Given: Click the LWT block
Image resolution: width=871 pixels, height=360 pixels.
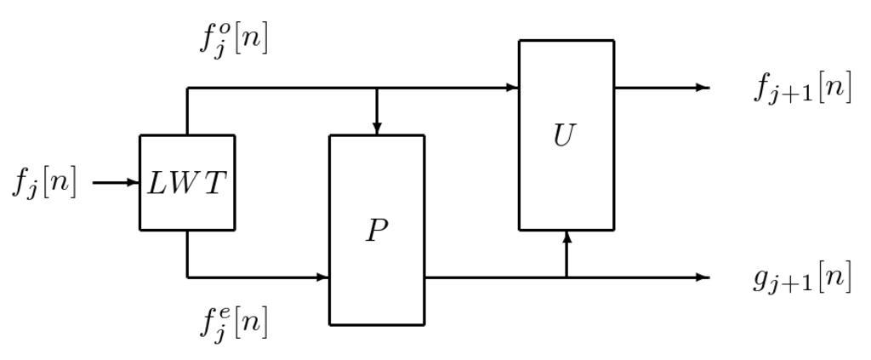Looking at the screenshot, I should point(187,182).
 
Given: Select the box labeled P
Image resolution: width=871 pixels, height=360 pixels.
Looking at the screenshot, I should point(377,255).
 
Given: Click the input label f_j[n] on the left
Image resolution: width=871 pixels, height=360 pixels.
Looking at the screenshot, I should point(44,183).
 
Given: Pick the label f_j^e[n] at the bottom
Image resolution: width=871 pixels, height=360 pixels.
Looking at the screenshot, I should point(233,323).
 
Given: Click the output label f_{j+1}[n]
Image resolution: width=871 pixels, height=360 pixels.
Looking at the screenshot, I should point(802,89).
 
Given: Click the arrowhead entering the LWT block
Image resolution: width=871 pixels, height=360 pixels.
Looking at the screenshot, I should point(134,182).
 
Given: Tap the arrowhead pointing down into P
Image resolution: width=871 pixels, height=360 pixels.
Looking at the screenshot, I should point(377,129).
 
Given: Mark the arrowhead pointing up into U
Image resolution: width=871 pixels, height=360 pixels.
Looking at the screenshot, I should point(566,236).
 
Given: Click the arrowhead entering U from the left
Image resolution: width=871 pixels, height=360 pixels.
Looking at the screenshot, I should point(513,87).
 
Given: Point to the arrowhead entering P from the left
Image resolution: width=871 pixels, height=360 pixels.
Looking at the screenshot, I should point(323,277).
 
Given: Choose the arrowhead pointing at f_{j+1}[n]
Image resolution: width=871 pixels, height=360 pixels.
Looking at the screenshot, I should point(703,87).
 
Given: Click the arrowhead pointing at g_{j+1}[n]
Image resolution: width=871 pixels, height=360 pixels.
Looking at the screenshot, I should point(703,277).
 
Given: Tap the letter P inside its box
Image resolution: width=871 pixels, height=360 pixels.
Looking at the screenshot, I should point(377,231).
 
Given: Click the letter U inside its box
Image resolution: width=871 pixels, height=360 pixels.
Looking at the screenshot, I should point(564,135).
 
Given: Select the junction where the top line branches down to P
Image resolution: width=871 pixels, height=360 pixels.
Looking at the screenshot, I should point(377,87).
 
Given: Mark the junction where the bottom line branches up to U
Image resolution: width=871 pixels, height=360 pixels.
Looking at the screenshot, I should point(566,277).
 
